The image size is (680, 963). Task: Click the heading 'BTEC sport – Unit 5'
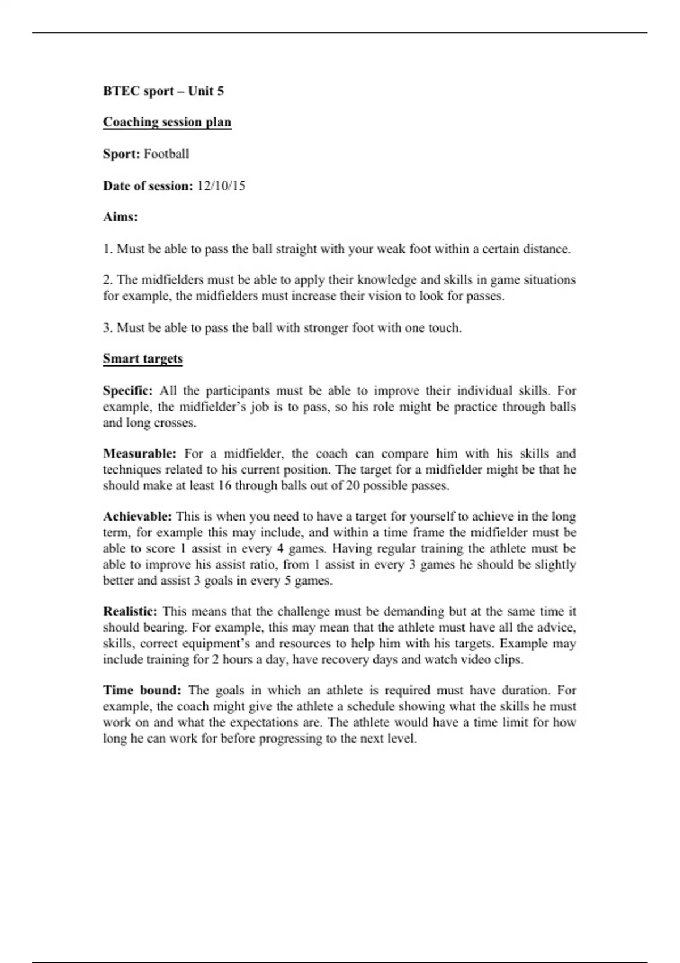tap(163, 91)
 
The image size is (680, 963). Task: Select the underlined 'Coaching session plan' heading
tap(167, 122)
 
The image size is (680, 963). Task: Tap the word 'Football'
tap(166, 154)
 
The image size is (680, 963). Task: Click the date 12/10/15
tap(221, 186)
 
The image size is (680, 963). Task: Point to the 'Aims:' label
tap(120, 217)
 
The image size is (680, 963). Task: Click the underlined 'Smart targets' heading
tap(143, 359)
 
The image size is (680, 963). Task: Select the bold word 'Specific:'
tap(127, 391)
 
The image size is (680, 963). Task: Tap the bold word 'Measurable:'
tap(139, 454)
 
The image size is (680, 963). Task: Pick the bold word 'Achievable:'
tap(137, 517)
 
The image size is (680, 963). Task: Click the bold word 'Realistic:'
tap(130, 612)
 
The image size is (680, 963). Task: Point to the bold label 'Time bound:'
tap(142, 691)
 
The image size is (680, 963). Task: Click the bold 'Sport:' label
tap(121, 154)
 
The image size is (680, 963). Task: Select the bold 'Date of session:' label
tap(148, 186)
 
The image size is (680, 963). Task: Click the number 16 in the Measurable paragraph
tap(224, 486)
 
